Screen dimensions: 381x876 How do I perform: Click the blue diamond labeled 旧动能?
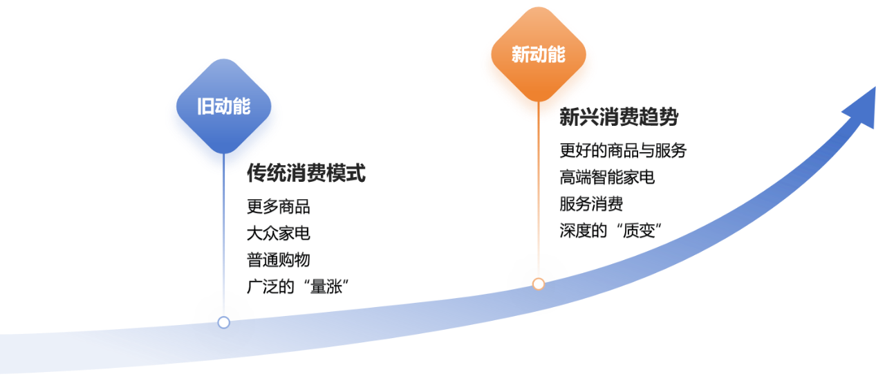click(x=223, y=114)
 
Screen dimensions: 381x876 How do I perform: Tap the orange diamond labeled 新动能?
click(x=538, y=62)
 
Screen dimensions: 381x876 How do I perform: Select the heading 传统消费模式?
click(x=306, y=174)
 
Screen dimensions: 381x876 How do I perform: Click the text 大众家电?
click(x=278, y=233)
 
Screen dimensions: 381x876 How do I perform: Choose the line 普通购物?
click(x=278, y=260)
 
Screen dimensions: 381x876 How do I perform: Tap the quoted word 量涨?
click(x=328, y=286)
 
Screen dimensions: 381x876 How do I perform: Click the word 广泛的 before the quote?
click(x=269, y=286)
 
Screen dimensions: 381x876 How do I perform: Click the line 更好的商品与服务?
click(x=623, y=151)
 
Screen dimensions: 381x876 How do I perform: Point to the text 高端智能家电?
click(x=607, y=178)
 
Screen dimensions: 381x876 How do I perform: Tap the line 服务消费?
click(x=592, y=205)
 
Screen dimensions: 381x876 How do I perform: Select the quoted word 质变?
click(x=641, y=231)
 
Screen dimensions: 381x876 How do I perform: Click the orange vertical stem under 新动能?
click(x=539, y=201)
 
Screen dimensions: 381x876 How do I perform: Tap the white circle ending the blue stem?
click(x=223, y=322)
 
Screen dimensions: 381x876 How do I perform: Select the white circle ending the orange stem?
click(x=539, y=284)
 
